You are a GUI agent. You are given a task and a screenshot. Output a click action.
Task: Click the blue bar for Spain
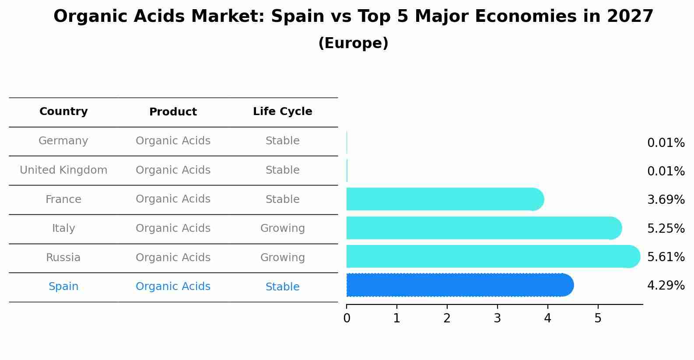click(459, 285)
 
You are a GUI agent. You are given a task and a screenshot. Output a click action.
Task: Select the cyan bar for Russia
click(493, 256)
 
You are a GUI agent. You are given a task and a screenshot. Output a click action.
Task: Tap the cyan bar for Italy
click(484, 228)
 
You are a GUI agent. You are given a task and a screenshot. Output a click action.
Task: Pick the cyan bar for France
click(445, 199)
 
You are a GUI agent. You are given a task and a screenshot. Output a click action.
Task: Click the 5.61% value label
click(666, 257)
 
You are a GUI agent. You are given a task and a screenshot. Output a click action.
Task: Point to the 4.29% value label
click(666, 286)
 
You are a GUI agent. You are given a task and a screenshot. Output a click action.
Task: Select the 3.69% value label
click(666, 200)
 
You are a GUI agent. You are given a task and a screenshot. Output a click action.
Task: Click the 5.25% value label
click(666, 228)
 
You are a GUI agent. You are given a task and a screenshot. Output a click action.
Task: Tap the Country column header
click(63, 112)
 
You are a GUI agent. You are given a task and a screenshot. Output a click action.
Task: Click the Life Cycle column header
click(282, 112)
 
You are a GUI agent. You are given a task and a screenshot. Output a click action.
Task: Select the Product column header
click(173, 112)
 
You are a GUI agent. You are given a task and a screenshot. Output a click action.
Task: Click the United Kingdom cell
click(63, 170)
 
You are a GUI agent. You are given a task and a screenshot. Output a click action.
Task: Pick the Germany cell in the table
click(63, 141)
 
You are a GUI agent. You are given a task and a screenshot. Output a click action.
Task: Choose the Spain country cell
click(63, 287)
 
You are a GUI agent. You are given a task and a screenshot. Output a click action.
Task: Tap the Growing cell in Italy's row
click(282, 228)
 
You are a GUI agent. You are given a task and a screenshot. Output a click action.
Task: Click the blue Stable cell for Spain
click(282, 287)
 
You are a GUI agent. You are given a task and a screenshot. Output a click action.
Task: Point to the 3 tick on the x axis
click(497, 318)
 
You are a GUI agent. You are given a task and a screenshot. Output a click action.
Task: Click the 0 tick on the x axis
click(347, 318)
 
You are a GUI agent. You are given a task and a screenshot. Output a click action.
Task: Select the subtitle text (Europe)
click(353, 43)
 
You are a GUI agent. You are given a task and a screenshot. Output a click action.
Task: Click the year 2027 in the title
click(630, 17)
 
